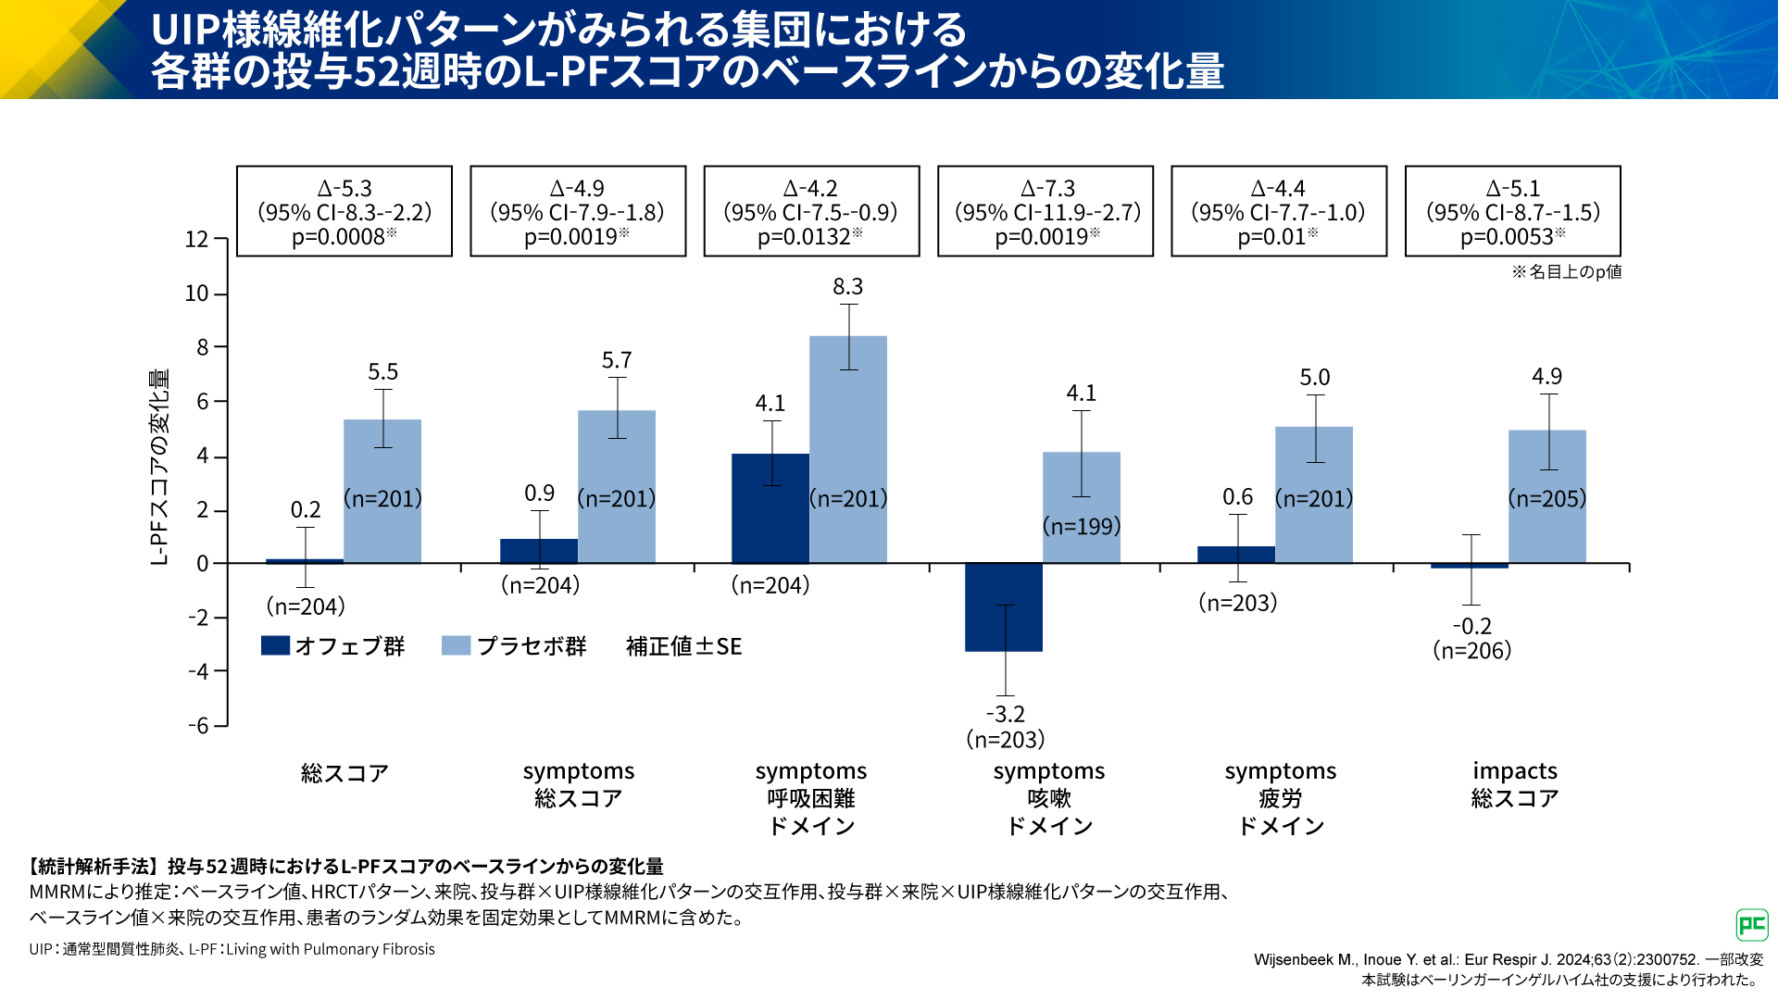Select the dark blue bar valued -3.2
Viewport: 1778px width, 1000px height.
point(1004,607)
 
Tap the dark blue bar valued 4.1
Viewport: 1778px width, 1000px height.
point(770,508)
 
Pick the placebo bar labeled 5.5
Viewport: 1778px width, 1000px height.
point(382,491)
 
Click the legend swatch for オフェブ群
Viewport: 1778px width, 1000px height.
point(275,645)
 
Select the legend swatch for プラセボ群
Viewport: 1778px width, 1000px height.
point(456,645)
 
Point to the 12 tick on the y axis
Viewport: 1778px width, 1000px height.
point(196,240)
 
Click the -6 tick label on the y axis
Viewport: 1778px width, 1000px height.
point(198,726)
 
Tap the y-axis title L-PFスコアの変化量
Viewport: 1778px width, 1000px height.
point(159,467)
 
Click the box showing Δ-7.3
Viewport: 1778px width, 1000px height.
point(1046,212)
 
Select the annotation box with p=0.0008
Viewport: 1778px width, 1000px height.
point(344,212)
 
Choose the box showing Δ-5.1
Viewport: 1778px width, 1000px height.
point(1512,212)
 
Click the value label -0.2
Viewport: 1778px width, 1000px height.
point(1471,627)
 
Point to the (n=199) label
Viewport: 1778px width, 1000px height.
point(1082,527)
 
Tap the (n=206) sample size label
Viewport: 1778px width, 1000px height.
point(1471,651)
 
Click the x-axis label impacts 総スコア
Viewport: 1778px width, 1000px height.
point(1515,784)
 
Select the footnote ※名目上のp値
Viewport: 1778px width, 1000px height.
point(1567,272)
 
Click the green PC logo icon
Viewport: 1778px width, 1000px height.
point(1751,924)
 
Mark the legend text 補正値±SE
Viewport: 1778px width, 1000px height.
point(683,646)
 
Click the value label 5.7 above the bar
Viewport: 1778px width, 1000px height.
point(617,360)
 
